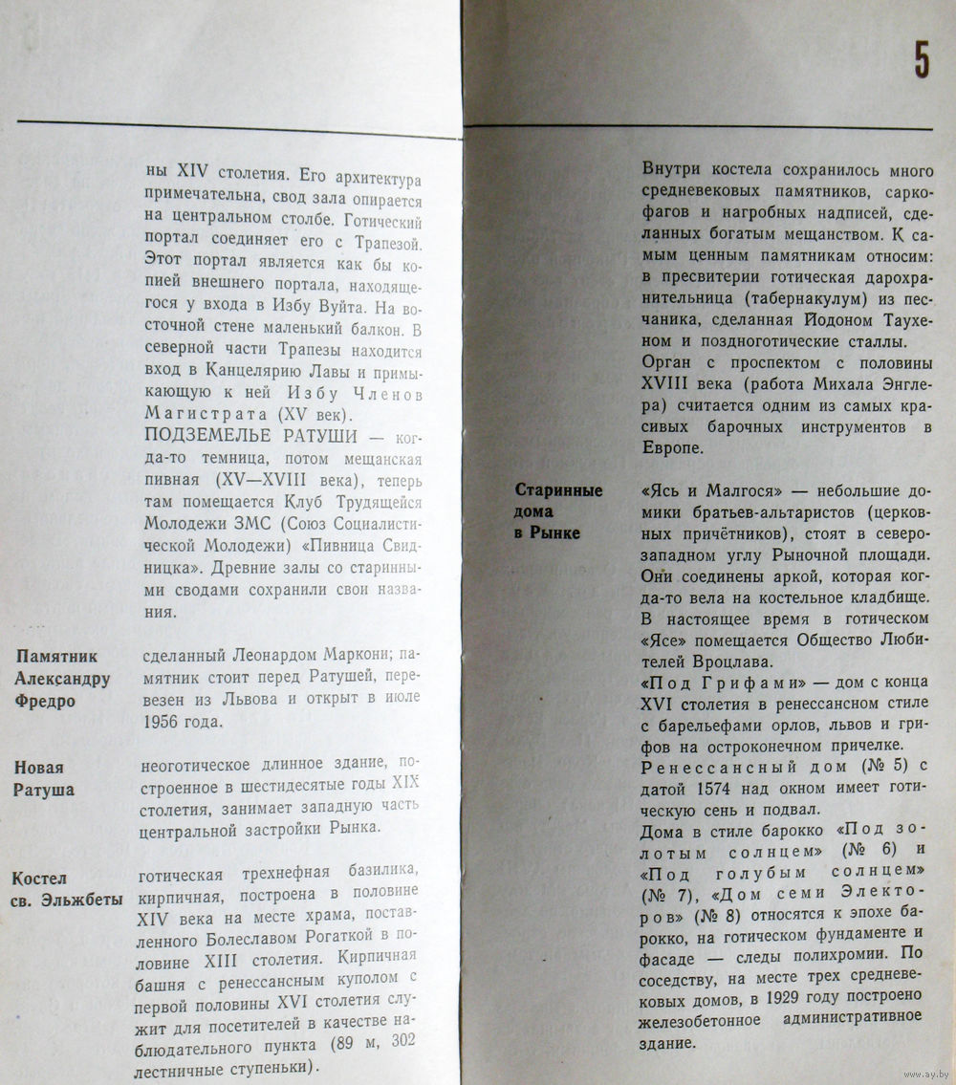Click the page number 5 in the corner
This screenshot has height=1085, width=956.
click(x=921, y=61)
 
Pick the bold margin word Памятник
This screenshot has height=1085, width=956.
click(x=57, y=657)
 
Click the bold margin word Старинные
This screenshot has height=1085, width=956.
click(x=558, y=490)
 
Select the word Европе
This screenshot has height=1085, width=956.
click(x=673, y=447)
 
